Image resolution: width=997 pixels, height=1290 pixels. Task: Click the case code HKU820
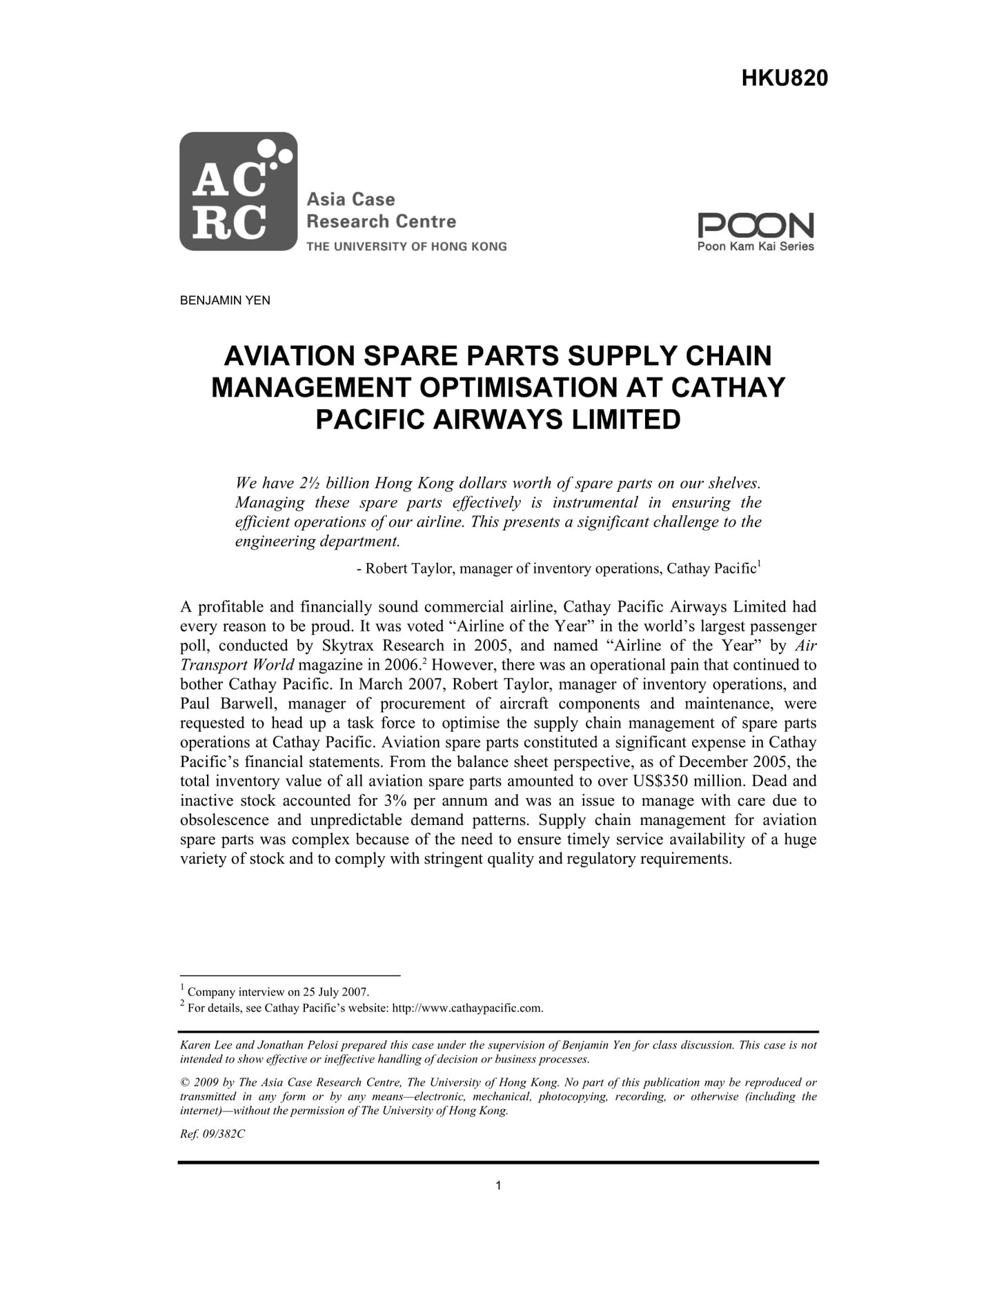(x=784, y=79)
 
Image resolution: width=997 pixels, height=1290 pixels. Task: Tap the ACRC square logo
(x=238, y=191)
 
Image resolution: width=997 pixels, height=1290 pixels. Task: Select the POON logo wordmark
(x=756, y=225)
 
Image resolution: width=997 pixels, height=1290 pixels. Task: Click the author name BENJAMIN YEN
(x=225, y=301)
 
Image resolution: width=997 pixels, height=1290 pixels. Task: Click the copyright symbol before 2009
(x=184, y=1082)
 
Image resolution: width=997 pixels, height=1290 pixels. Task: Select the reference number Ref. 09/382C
(x=213, y=1134)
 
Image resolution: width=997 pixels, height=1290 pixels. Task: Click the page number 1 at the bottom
(x=498, y=1186)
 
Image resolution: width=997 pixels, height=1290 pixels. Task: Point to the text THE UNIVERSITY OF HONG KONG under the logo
(x=406, y=246)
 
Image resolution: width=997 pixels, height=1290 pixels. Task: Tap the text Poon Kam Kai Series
(x=756, y=246)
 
